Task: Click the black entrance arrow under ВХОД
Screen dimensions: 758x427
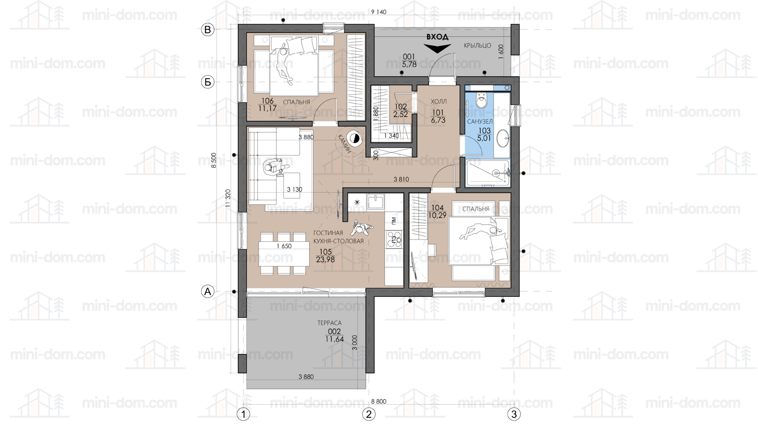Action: click(437, 48)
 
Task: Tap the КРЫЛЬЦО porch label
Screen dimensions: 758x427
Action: click(478, 46)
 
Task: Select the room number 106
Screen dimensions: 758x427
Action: click(267, 101)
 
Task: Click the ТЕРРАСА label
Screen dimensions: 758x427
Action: click(329, 323)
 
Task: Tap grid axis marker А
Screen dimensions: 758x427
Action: click(207, 291)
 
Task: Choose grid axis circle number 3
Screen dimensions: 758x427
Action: click(514, 414)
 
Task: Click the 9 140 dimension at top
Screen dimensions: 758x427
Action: click(379, 12)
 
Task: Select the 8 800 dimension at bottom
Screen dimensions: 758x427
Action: click(379, 401)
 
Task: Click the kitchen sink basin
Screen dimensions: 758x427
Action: click(375, 202)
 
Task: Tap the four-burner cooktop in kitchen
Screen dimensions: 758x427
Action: click(394, 239)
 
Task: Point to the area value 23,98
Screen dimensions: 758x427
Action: click(326, 260)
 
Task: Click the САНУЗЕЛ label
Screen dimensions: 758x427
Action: click(480, 121)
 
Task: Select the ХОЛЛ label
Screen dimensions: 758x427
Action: click(438, 102)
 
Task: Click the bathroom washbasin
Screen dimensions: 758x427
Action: click(502, 138)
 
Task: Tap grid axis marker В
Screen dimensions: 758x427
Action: click(207, 30)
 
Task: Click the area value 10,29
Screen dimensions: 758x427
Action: click(437, 215)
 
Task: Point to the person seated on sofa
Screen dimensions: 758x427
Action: click(274, 167)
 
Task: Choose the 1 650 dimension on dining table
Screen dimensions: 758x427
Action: click(284, 246)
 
